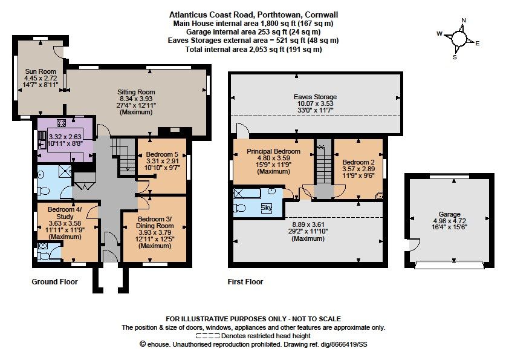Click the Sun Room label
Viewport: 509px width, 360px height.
click(x=41, y=71)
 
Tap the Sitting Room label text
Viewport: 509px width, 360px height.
click(x=136, y=92)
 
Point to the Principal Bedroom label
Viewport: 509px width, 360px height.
click(x=273, y=151)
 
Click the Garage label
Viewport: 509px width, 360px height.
click(x=449, y=214)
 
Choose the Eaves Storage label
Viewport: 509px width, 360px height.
click(x=315, y=97)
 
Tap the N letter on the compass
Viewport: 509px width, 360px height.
click(x=464, y=21)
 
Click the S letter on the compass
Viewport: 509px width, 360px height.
click(x=455, y=57)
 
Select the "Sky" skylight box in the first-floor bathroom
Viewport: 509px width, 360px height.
click(x=267, y=208)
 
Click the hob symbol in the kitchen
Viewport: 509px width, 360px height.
click(x=61, y=123)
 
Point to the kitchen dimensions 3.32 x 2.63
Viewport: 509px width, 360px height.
click(x=65, y=137)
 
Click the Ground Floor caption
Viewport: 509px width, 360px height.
click(x=54, y=282)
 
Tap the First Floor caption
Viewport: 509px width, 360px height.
click(x=245, y=282)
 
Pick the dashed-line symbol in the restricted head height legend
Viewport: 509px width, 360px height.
click(x=208, y=336)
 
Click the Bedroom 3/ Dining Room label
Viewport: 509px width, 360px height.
click(x=155, y=222)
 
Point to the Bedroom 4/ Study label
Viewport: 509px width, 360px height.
click(x=65, y=213)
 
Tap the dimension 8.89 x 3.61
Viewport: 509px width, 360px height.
click(x=308, y=224)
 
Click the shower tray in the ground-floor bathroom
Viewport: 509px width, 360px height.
click(x=65, y=171)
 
